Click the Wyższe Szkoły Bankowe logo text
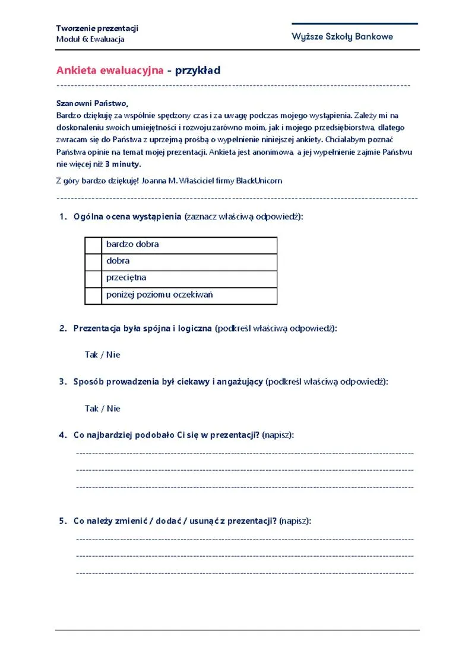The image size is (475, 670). coord(342,37)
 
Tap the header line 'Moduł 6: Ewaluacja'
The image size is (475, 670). coord(90,39)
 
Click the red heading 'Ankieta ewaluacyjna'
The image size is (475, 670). coord(110,71)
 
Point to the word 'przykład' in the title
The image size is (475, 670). coord(198,71)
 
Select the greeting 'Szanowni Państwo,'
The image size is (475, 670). coord(92,103)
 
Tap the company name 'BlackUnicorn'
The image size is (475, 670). coord(259,180)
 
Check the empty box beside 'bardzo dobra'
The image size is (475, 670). coord(94,245)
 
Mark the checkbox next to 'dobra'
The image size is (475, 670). coord(94,261)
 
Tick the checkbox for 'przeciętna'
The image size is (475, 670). coord(94,278)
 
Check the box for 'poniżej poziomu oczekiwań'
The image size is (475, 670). coord(94,295)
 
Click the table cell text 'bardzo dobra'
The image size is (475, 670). coord(132,244)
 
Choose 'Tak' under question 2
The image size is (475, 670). coord(91,355)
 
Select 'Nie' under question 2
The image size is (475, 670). coord(113,355)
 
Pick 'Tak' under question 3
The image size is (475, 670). coord(91,409)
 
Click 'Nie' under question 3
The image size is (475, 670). coord(113,409)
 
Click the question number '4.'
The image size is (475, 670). coord(62,435)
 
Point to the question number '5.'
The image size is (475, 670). coord(62,521)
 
